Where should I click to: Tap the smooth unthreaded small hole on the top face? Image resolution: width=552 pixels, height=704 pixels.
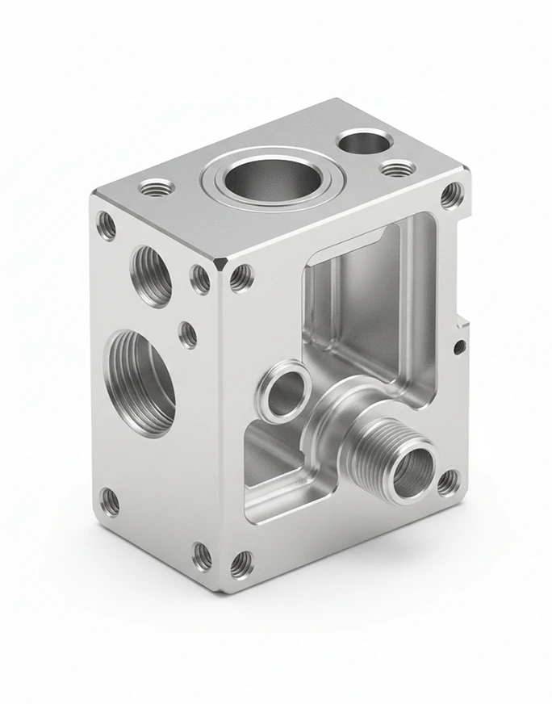click(365, 143)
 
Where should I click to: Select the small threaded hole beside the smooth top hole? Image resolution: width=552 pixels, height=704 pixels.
click(397, 169)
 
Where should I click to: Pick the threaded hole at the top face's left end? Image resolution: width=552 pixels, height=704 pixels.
click(157, 189)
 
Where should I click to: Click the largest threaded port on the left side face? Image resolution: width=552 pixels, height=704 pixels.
click(140, 381)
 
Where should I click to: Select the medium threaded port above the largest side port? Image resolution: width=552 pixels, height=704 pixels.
click(151, 275)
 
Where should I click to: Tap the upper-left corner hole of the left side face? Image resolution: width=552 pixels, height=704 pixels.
click(106, 224)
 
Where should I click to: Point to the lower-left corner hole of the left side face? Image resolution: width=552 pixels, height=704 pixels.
click(109, 502)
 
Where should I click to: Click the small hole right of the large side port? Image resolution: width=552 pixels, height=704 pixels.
click(187, 334)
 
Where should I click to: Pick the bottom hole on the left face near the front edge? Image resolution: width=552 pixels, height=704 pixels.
click(202, 555)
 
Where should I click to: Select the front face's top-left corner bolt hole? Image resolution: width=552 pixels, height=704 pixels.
click(241, 278)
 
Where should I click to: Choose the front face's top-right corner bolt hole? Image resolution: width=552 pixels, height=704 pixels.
click(452, 196)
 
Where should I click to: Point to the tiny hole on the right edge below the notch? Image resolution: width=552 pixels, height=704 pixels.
click(458, 347)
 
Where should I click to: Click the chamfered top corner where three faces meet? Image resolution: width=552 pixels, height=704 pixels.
click(222, 265)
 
